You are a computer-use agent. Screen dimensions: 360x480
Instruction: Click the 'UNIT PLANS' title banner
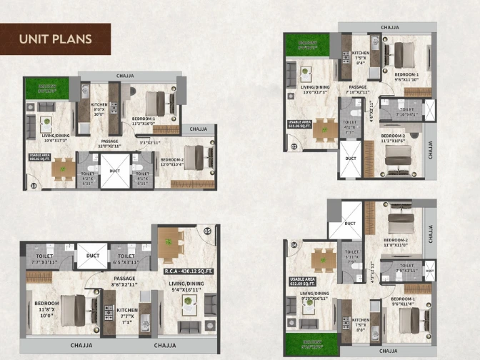click(56, 39)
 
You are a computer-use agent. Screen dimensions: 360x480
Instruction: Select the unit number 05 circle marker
click(208, 231)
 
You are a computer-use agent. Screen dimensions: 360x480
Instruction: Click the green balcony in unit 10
click(42, 89)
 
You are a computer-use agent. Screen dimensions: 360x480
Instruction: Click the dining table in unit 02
click(324, 129)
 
